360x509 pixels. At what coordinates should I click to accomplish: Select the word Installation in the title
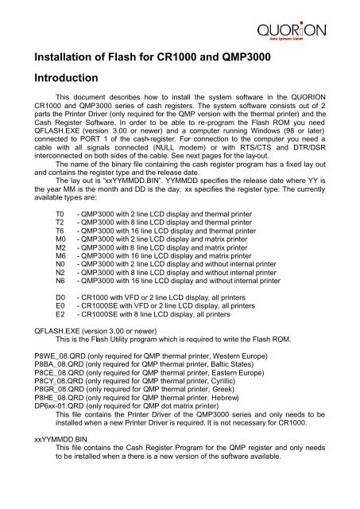click(63, 56)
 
